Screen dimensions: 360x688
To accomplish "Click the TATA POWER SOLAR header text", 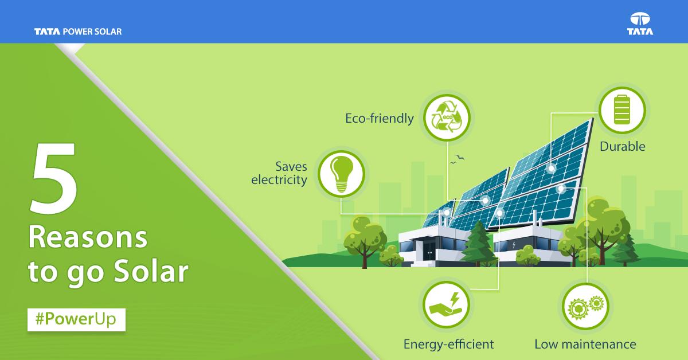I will (x=78, y=32).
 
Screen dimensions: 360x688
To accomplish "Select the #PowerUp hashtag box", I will (x=76, y=319).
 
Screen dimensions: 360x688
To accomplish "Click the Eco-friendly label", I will (x=379, y=119).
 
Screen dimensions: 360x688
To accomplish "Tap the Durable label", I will (x=622, y=147).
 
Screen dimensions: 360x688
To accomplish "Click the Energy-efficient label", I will (x=448, y=345).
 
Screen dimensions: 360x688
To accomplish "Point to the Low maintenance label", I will (x=585, y=345).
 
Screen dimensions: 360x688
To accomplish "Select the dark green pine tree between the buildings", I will (x=478, y=244).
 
